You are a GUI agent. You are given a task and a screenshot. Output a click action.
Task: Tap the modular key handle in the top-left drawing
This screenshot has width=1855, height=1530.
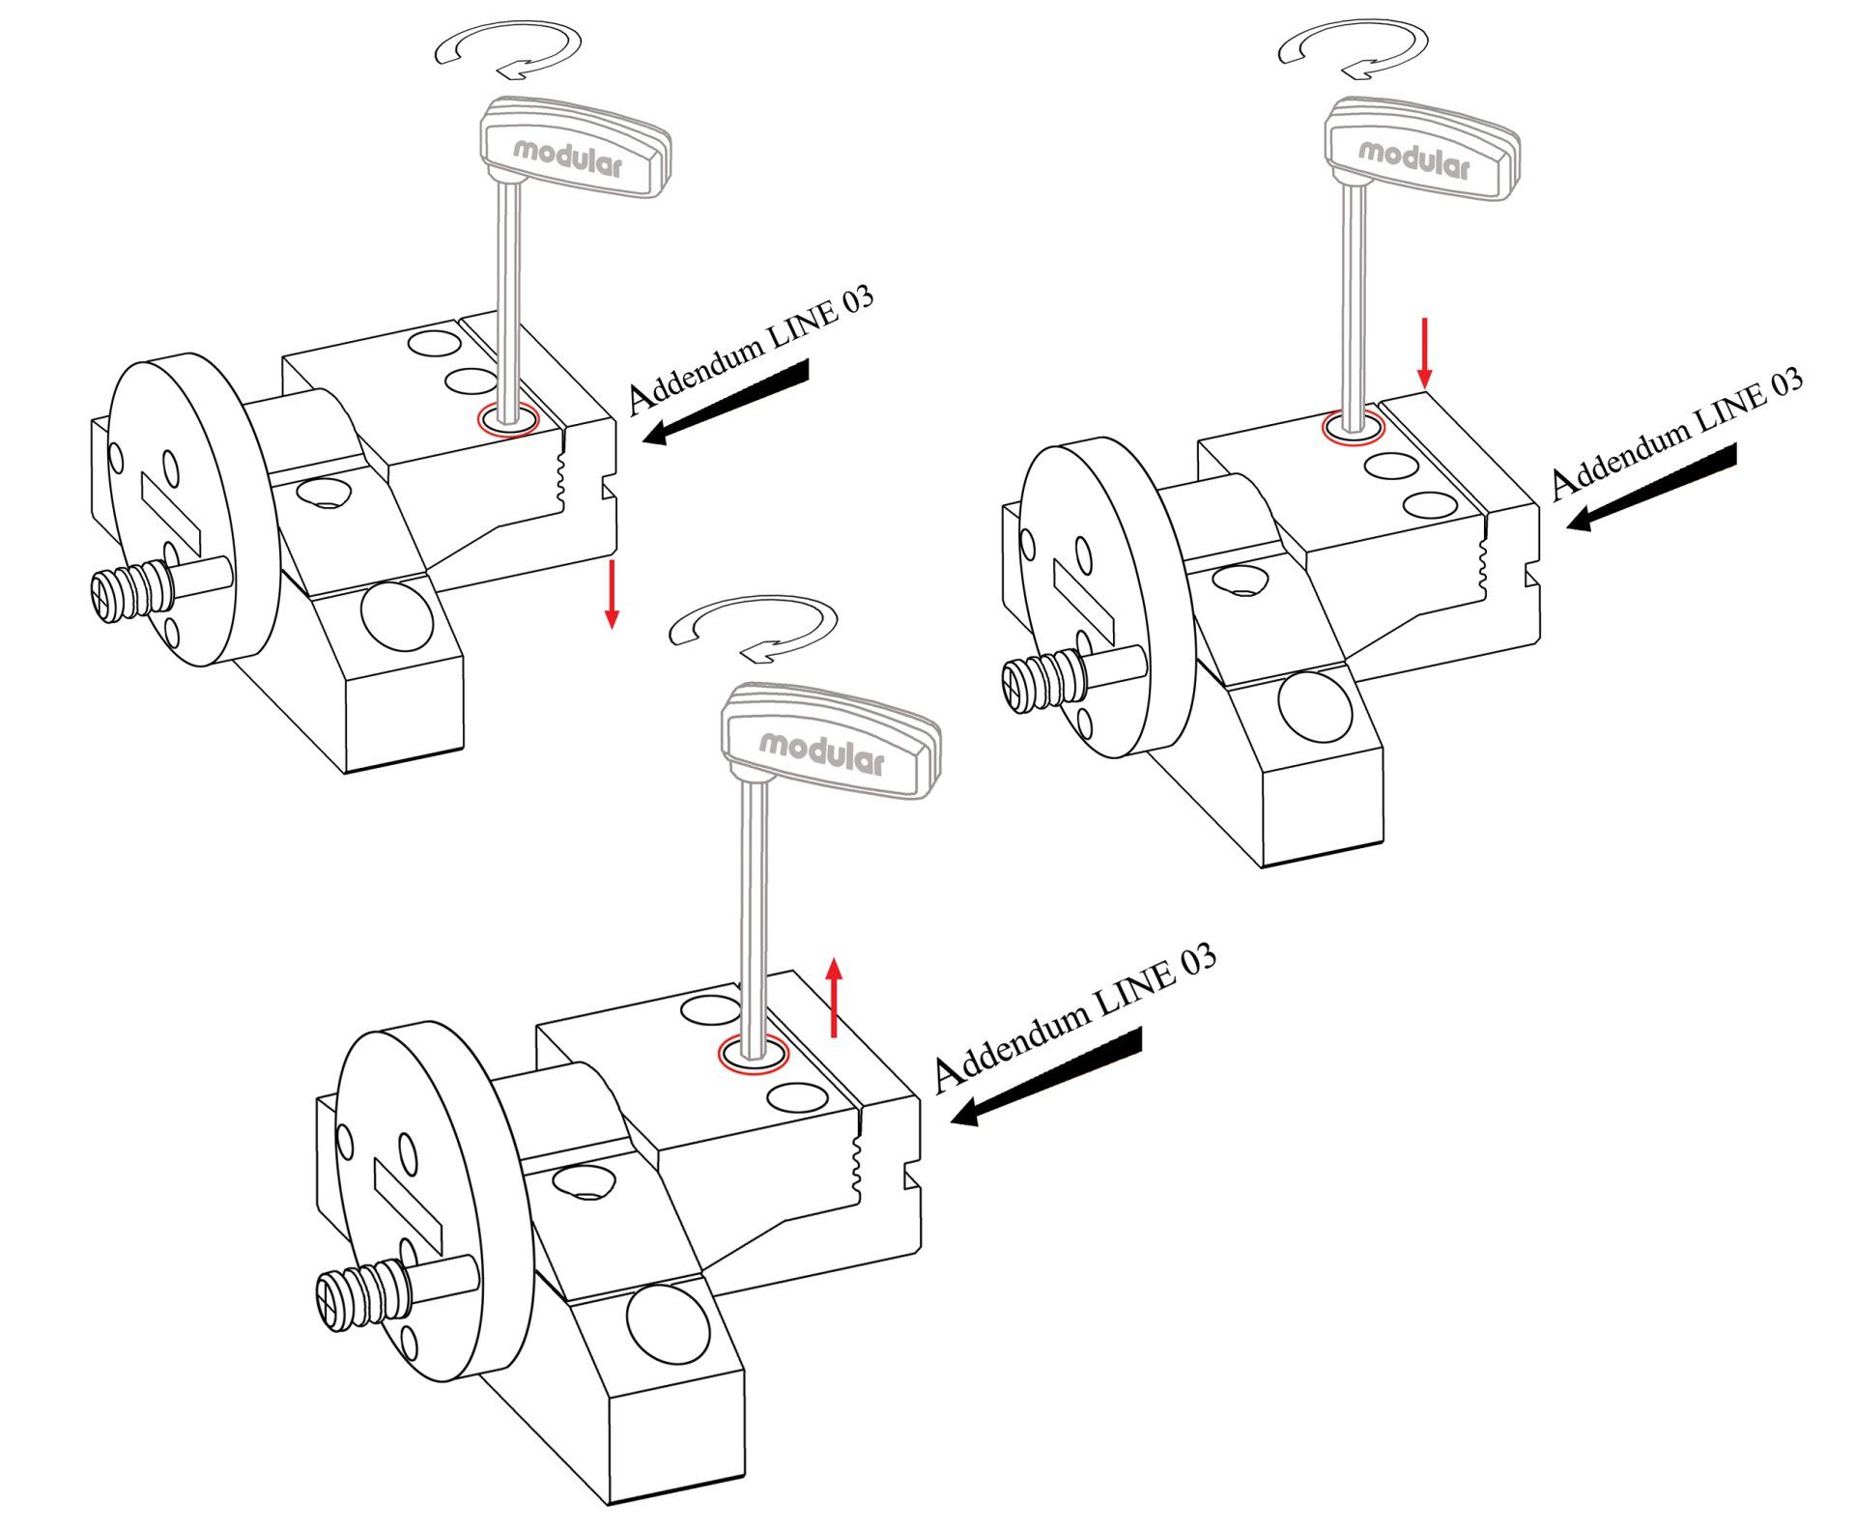click(576, 148)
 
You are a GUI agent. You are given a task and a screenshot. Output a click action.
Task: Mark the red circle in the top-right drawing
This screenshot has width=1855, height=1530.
click(1355, 426)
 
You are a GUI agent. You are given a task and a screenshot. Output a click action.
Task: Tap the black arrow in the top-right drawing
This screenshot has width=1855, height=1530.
click(1651, 487)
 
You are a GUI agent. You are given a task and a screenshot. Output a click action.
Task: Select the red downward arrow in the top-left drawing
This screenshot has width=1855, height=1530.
click(611, 593)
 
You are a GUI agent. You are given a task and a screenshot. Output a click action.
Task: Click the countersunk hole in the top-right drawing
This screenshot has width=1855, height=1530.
click(1241, 580)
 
